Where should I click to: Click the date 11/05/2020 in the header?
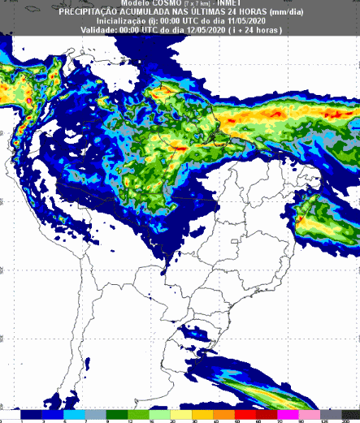[x=243, y=20]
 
